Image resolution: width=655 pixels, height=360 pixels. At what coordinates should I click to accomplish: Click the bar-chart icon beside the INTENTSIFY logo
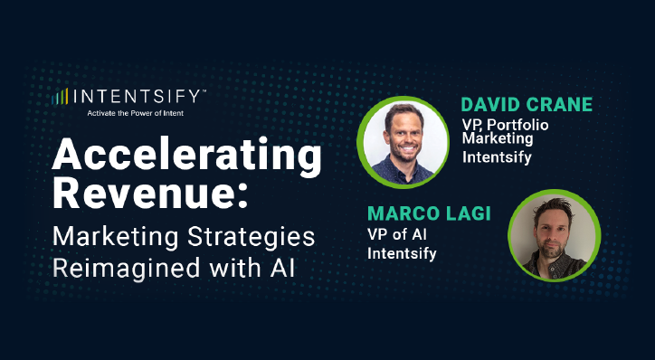pyautogui.click(x=62, y=95)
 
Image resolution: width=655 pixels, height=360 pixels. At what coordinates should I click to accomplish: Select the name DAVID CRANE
pyautogui.click(x=527, y=104)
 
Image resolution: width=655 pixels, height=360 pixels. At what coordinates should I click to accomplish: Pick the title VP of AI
pyautogui.click(x=397, y=235)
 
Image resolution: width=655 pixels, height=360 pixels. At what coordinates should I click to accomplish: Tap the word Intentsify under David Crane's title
pyautogui.click(x=497, y=156)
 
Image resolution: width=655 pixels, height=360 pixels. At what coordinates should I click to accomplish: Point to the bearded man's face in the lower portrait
pyautogui.click(x=551, y=232)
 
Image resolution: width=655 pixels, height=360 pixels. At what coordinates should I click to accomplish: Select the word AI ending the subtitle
pyautogui.click(x=290, y=269)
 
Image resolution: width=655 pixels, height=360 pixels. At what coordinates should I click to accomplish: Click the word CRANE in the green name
pyautogui.click(x=559, y=104)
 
